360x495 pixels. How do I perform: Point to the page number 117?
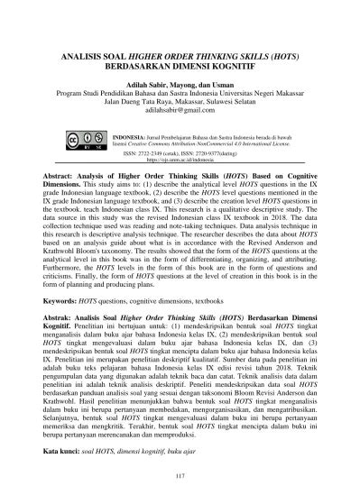pos(180,476)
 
